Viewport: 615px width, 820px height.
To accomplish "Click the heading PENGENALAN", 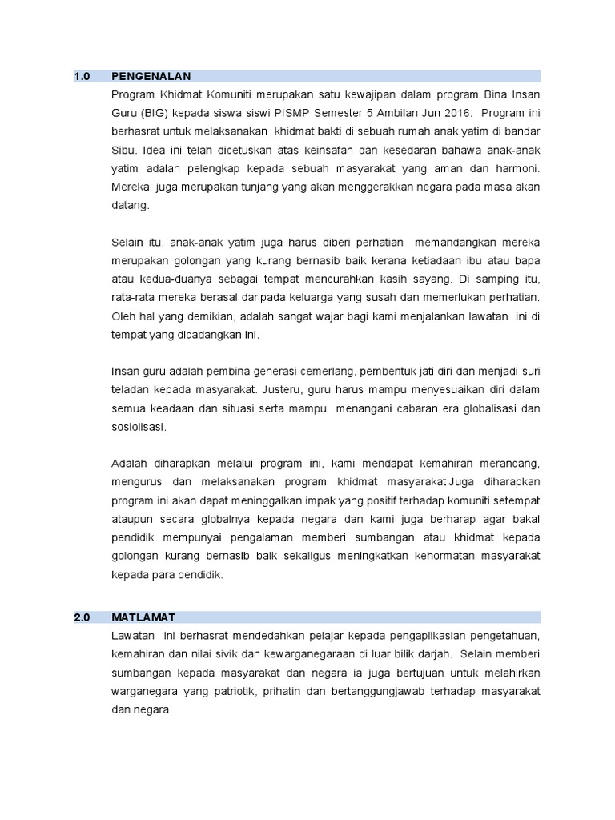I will [151, 77].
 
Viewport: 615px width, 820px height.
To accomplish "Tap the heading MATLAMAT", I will [144, 617].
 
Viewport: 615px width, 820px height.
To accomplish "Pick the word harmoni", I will [516, 168].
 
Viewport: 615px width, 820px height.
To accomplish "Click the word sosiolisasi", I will [139, 427].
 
